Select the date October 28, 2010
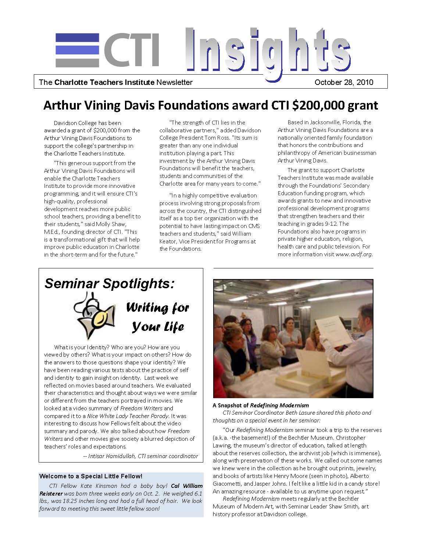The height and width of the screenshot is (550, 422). point(344,82)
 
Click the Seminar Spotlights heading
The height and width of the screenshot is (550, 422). point(109,283)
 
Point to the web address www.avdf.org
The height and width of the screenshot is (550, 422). point(354,254)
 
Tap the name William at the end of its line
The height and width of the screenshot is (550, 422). point(242,233)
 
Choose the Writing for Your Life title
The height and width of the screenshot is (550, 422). point(158,317)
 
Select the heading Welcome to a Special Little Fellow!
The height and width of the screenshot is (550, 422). point(90,476)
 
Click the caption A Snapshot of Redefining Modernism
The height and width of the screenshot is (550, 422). point(261,405)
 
